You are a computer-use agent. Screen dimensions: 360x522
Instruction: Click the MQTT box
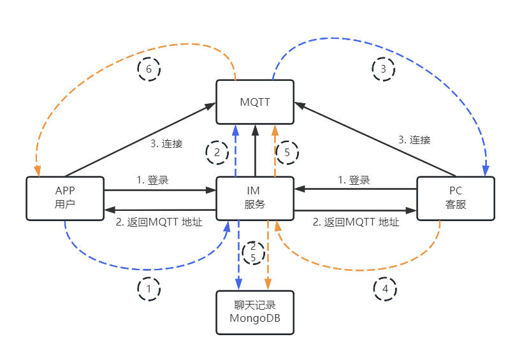(x=255, y=102)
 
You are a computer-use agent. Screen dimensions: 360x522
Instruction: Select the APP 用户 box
(x=64, y=198)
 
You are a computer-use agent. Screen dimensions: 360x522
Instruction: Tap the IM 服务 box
(x=255, y=198)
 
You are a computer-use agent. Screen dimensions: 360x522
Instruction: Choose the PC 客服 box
(x=455, y=198)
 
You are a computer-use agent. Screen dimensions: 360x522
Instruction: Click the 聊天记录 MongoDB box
(x=255, y=312)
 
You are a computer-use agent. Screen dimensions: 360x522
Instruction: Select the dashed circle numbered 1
(x=149, y=289)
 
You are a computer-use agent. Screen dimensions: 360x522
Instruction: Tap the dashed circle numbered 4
(x=384, y=289)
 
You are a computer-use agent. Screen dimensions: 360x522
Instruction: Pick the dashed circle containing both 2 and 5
(x=253, y=252)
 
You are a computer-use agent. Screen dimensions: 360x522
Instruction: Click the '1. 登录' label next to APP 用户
(x=152, y=180)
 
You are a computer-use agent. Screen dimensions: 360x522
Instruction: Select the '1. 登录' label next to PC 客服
(x=354, y=180)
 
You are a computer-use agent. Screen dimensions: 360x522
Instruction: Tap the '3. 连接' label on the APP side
(x=166, y=144)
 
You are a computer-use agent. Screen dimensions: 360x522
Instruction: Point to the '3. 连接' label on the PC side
(x=414, y=140)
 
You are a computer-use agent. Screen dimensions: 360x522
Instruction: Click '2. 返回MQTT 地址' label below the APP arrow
(x=159, y=222)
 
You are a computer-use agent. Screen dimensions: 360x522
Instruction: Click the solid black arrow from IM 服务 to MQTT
(x=255, y=150)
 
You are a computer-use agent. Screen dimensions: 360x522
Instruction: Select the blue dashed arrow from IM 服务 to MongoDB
(x=238, y=255)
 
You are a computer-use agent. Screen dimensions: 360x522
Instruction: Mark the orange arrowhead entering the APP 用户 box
(x=38, y=171)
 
